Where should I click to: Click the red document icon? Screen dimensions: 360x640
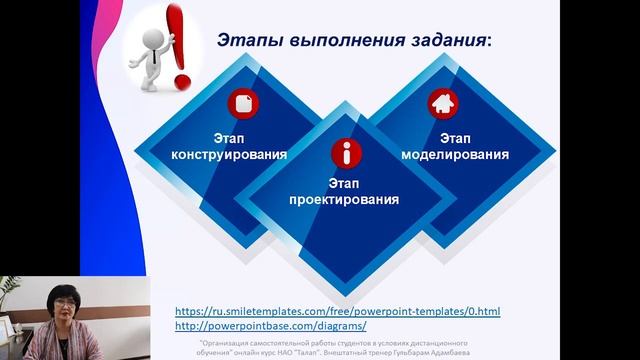point(243,103)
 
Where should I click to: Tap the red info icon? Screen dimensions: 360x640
point(347,153)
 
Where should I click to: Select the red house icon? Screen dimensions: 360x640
point(441,103)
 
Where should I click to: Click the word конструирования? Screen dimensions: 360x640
point(229,155)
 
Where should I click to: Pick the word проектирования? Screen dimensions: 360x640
point(344,200)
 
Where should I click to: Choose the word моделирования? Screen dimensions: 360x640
point(455,155)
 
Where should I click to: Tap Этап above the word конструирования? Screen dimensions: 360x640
point(229,137)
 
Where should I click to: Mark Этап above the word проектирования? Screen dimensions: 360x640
point(344,183)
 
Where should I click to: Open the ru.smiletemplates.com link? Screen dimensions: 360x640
point(338,311)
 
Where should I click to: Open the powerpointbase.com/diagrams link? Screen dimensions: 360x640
point(270,326)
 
